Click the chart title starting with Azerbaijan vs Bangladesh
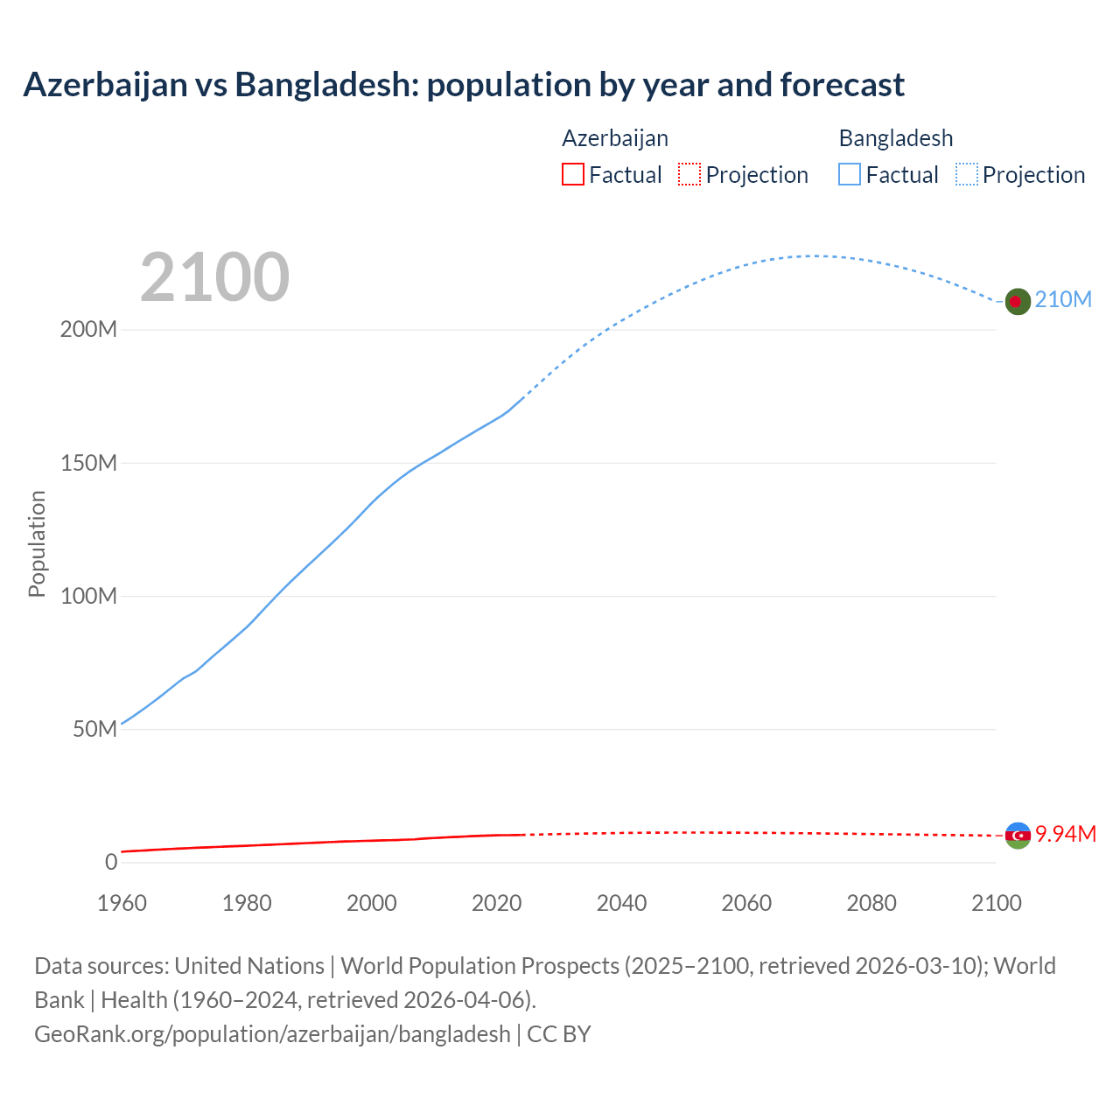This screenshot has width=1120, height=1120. (x=464, y=85)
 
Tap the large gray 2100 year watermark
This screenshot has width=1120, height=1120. (x=214, y=277)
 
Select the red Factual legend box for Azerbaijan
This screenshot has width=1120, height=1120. (x=572, y=174)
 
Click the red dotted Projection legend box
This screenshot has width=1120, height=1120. (x=689, y=174)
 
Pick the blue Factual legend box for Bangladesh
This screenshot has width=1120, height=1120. (x=850, y=174)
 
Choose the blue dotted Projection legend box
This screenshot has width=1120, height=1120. (x=967, y=174)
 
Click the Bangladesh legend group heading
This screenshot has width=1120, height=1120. (x=895, y=138)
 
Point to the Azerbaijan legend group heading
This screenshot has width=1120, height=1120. (x=614, y=138)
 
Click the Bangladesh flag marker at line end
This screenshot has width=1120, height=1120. (x=1017, y=301)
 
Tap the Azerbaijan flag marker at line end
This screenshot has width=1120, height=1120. (x=1018, y=836)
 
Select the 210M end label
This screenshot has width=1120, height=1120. (x=1063, y=299)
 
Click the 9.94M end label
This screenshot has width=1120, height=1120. (x=1065, y=834)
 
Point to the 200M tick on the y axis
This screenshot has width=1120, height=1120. (x=88, y=330)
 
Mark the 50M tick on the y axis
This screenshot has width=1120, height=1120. (x=94, y=729)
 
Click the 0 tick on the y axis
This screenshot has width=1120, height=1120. (x=111, y=862)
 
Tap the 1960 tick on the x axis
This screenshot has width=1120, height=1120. (x=122, y=903)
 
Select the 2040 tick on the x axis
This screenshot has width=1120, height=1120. (x=621, y=903)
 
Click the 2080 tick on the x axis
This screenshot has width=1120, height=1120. (x=871, y=903)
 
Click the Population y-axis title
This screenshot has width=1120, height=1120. (x=37, y=543)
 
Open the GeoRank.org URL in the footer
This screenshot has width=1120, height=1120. (x=272, y=1033)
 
